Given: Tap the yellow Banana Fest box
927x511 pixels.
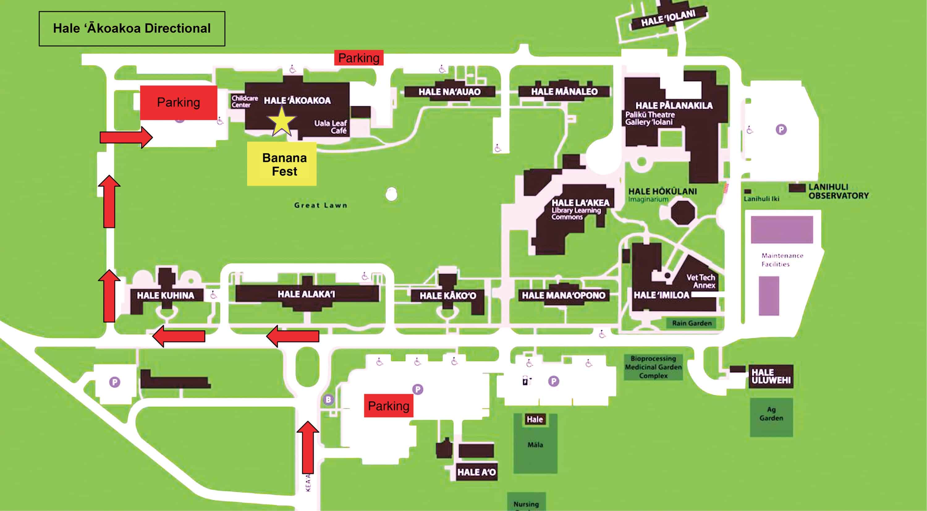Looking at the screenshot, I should click(x=282, y=164).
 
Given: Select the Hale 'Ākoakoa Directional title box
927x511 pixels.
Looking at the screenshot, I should click(x=132, y=28).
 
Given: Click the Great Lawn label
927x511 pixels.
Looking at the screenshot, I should click(x=321, y=205).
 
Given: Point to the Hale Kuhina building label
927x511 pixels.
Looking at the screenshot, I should click(x=165, y=295).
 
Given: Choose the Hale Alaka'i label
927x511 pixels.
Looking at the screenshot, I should click(x=306, y=294).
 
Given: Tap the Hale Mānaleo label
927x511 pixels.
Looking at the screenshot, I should click(x=564, y=92).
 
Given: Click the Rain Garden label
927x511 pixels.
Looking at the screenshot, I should click(x=692, y=323).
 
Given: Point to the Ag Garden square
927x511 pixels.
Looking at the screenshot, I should click(x=771, y=417).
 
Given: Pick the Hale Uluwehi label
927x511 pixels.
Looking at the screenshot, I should click(x=771, y=376).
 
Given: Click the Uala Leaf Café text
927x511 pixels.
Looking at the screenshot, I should click(x=330, y=127).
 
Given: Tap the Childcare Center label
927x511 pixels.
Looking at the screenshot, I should click(x=244, y=102).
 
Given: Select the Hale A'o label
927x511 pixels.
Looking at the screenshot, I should click(x=476, y=472).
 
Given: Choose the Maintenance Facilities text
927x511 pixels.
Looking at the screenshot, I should click(x=782, y=260).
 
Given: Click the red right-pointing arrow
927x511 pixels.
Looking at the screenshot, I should click(x=126, y=137).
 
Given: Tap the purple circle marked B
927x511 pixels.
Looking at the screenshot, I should click(x=328, y=399).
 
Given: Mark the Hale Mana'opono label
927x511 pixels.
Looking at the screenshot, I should click(x=564, y=295).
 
